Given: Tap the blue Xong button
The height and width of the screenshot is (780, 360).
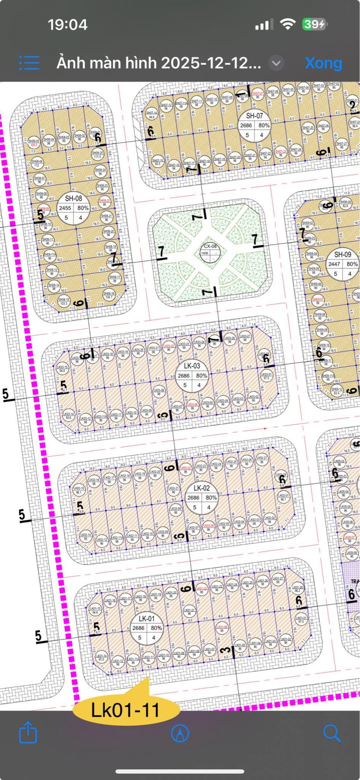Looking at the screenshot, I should click(x=323, y=63).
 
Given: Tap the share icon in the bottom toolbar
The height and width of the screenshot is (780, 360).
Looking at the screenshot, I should click(x=28, y=733).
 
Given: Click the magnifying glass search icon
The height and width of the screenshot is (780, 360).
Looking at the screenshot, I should click(x=331, y=733).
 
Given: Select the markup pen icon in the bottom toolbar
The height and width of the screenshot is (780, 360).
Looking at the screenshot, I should click(x=180, y=733).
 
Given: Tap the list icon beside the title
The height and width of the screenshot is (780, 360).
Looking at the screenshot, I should click(x=29, y=63).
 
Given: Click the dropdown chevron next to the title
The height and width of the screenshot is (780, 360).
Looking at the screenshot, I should click(x=276, y=63).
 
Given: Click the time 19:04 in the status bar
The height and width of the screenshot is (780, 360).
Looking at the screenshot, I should click(x=67, y=24).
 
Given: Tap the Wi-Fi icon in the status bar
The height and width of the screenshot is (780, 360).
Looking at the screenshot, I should click(x=288, y=24).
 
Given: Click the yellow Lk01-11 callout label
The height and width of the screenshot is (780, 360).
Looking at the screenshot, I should click(x=125, y=709).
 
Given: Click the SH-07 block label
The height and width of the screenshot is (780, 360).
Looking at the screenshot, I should click(x=254, y=116).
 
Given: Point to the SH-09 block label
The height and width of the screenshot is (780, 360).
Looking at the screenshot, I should click(x=343, y=255).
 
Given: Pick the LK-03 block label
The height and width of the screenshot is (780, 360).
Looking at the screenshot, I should click(x=191, y=366).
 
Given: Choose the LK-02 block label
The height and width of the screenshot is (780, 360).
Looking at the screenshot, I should click(x=201, y=488).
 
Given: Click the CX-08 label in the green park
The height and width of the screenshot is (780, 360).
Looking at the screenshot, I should click(x=210, y=246).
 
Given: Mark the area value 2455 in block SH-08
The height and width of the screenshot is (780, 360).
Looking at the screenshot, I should click(x=65, y=208).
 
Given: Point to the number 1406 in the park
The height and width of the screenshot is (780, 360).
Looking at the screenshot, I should click(x=204, y=254).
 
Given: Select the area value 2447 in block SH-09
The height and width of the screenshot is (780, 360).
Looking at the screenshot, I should click(x=334, y=264).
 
